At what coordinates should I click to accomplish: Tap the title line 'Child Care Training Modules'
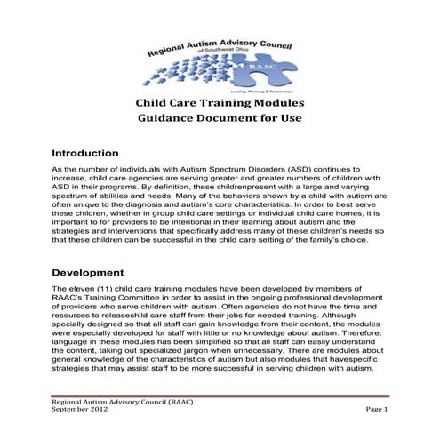click(220, 102)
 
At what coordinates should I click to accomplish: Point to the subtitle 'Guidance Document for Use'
click(220, 118)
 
